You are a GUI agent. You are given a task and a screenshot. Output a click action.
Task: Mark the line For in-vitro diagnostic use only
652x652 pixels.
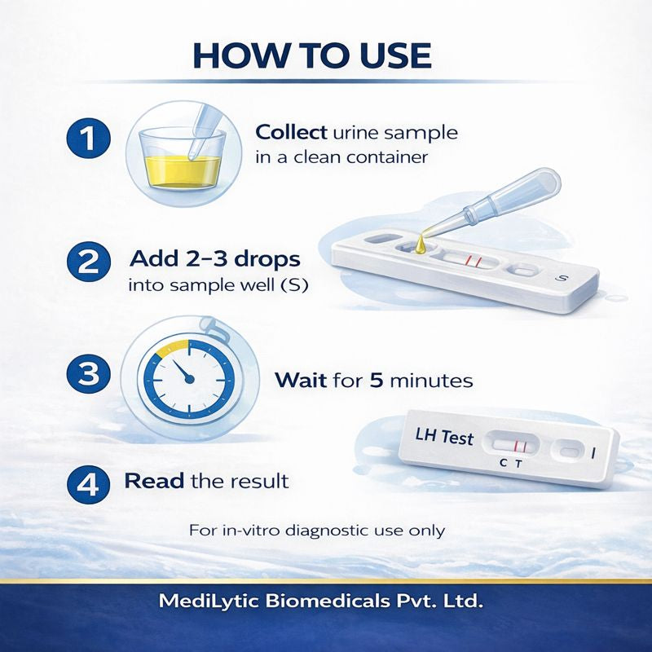click(x=317, y=531)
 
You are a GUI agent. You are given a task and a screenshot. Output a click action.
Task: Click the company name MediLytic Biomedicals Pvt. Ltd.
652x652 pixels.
click(x=324, y=604)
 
